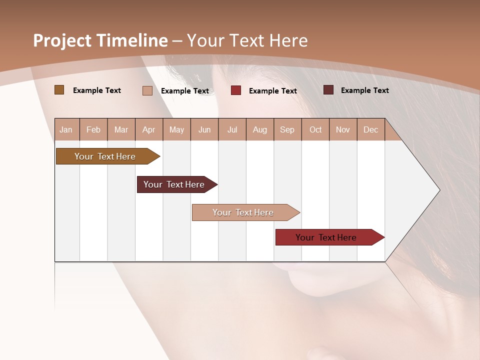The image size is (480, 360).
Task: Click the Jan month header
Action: tap(66, 129)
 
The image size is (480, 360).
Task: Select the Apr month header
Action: tap(148, 129)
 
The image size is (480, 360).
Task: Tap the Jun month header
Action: tap(204, 129)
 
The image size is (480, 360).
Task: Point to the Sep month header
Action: tap(287, 129)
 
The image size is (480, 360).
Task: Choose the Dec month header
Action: tap(370, 129)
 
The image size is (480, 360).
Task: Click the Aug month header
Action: tap(259, 129)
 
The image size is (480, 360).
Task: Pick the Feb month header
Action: tap(93, 129)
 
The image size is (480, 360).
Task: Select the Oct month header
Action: tap(315, 129)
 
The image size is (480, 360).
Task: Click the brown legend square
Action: tap(59, 90)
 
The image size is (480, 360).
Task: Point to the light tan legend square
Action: tap(147, 90)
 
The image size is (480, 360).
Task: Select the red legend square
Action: tap(235, 90)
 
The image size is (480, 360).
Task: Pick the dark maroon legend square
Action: tap(328, 90)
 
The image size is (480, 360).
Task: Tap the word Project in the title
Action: tap(62, 40)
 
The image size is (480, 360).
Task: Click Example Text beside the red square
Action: tap(272, 91)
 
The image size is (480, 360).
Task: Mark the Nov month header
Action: tap(342, 129)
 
